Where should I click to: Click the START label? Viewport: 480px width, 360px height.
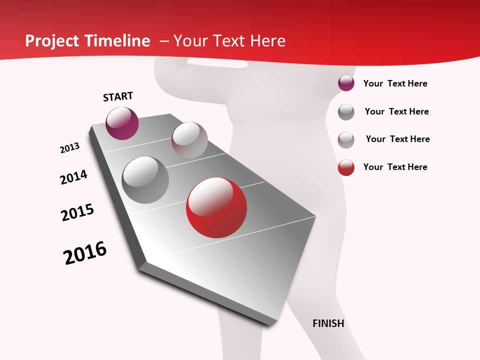coord(118,96)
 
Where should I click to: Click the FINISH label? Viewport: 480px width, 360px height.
coord(328,323)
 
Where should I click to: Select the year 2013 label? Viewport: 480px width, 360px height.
coord(69,148)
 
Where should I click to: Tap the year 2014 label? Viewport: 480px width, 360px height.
coord(73,177)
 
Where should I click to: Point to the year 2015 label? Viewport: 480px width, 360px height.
coord(77,212)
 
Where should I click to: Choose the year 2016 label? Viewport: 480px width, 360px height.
coord(85,253)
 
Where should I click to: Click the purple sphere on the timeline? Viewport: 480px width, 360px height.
coord(122,123)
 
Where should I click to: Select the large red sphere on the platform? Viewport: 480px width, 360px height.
coord(216,207)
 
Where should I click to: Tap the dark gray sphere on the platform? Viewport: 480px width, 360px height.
coord(145,180)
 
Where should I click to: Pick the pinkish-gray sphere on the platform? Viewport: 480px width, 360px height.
coord(189,140)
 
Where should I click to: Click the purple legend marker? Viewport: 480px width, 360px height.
coord(346,83)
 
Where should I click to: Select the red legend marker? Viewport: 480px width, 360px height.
coord(346,167)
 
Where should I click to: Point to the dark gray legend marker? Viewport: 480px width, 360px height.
coord(346,112)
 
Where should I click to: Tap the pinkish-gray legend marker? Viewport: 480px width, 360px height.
coord(346,140)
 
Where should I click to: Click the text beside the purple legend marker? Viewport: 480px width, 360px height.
coord(395,84)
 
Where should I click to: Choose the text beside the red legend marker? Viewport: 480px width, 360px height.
coord(395,167)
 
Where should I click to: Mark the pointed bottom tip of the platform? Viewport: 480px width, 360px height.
coord(272,324)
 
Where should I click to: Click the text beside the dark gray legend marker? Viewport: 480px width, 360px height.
coord(396,111)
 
